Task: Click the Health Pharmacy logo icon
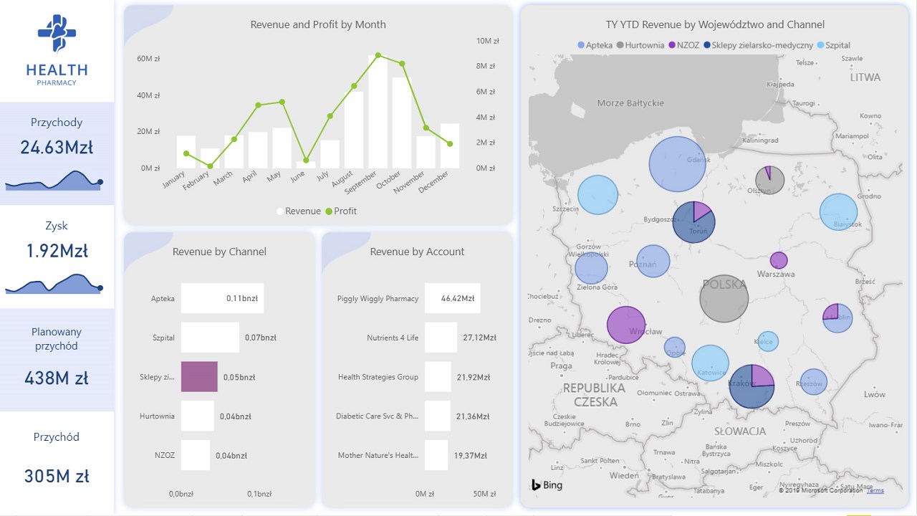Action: click(x=57, y=34)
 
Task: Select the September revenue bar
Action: click(x=378, y=112)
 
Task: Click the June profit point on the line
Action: click(x=306, y=161)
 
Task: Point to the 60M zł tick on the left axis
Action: click(x=148, y=59)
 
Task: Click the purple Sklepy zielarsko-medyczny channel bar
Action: click(x=199, y=377)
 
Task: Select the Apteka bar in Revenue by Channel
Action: click(x=222, y=298)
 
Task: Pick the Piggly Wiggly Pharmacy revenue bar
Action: click(x=452, y=298)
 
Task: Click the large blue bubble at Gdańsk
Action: click(x=678, y=164)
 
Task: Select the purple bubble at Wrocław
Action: click(x=626, y=325)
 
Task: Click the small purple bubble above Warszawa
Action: click(x=779, y=260)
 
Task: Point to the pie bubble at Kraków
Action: click(x=752, y=386)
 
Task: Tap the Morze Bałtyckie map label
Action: click(x=630, y=103)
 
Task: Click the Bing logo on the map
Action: click(x=547, y=485)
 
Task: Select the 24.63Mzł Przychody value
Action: click(x=57, y=148)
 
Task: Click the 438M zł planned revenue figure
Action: click(x=57, y=378)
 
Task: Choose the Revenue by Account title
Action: click(x=417, y=252)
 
